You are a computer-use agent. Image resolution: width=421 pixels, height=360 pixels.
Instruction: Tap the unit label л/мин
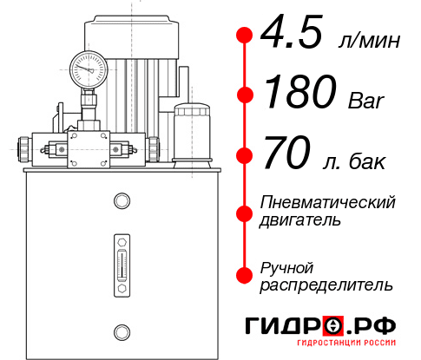pos(360,40)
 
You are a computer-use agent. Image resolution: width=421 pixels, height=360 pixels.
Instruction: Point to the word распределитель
pos(326,284)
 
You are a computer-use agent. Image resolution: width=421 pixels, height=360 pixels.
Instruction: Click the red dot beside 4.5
pos(245,36)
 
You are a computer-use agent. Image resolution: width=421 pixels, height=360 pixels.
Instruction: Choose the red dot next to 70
pos(245,157)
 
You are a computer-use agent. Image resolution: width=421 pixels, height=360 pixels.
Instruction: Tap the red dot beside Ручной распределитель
pos(245,274)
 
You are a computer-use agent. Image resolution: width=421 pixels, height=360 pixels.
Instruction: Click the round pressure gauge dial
pos(89,67)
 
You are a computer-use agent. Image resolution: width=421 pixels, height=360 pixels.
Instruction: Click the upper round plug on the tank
pos(121,201)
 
